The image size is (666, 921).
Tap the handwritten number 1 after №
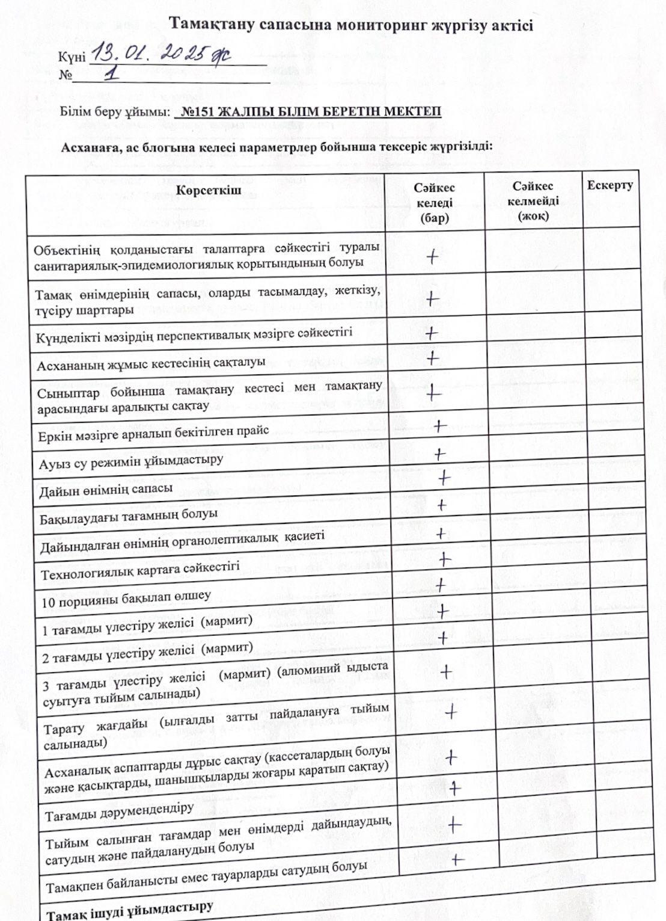(x=111, y=74)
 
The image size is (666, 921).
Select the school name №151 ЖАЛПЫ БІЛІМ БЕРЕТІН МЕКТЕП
(x=311, y=112)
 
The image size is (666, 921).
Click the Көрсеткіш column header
(x=209, y=191)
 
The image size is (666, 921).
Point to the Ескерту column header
(x=609, y=185)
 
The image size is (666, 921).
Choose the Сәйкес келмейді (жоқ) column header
(x=533, y=201)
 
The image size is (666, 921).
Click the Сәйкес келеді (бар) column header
(x=434, y=203)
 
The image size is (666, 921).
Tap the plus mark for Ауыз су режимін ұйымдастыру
(x=440, y=454)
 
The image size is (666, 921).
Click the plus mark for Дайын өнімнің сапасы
(x=444, y=478)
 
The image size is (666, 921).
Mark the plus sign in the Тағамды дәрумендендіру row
(x=454, y=787)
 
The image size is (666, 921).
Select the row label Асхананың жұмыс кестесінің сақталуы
(x=151, y=363)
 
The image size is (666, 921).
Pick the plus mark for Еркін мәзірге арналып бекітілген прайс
(x=439, y=427)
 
